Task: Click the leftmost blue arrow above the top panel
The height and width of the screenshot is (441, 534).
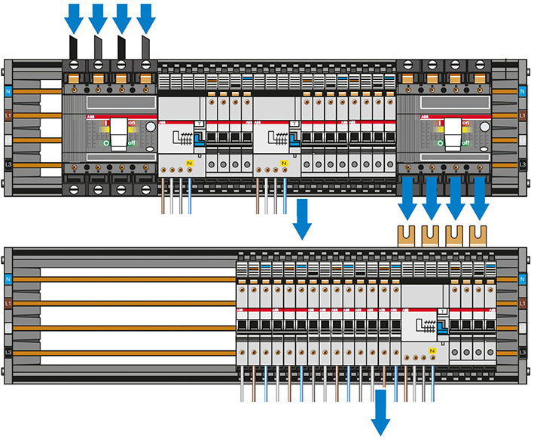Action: tap(74, 17)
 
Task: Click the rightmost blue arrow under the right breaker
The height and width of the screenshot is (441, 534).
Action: tap(479, 198)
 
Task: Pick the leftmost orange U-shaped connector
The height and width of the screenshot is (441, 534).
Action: tap(407, 234)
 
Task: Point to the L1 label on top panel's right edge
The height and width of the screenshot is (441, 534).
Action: tap(523, 115)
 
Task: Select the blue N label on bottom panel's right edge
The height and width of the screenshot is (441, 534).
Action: tap(523, 278)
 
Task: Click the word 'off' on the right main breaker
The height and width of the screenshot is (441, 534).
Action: tap(467, 142)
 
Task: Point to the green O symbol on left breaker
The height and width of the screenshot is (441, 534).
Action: tap(105, 142)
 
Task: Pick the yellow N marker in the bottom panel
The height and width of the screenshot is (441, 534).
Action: tap(432, 351)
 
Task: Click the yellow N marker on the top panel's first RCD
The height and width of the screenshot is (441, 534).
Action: tap(190, 164)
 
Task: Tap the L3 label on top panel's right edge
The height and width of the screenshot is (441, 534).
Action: tap(523, 164)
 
